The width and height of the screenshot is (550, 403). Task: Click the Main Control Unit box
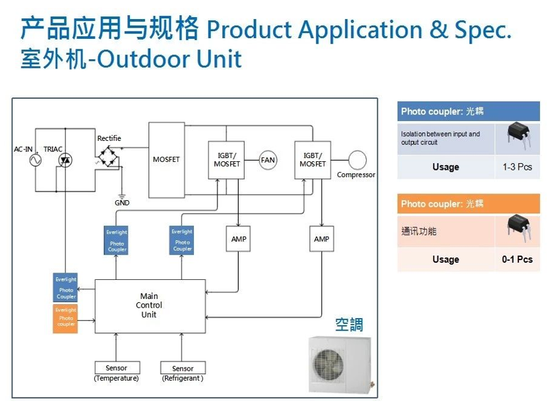tap(150, 306)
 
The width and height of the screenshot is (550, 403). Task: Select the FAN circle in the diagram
tap(268, 160)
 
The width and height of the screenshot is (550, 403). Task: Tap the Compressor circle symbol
tap(357, 159)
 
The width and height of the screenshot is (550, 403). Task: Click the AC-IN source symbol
tap(32, 160)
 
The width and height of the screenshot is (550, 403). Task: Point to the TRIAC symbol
tap(65, 160)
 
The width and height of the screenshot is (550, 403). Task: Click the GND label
tap(122, 203)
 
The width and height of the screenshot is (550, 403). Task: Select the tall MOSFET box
tap(166, 160)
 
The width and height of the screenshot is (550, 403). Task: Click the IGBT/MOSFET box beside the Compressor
tap(313, 160)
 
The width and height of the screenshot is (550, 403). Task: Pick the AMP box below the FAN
tap(239, 239)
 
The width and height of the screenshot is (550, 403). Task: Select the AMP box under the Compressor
tap(321, 239)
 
